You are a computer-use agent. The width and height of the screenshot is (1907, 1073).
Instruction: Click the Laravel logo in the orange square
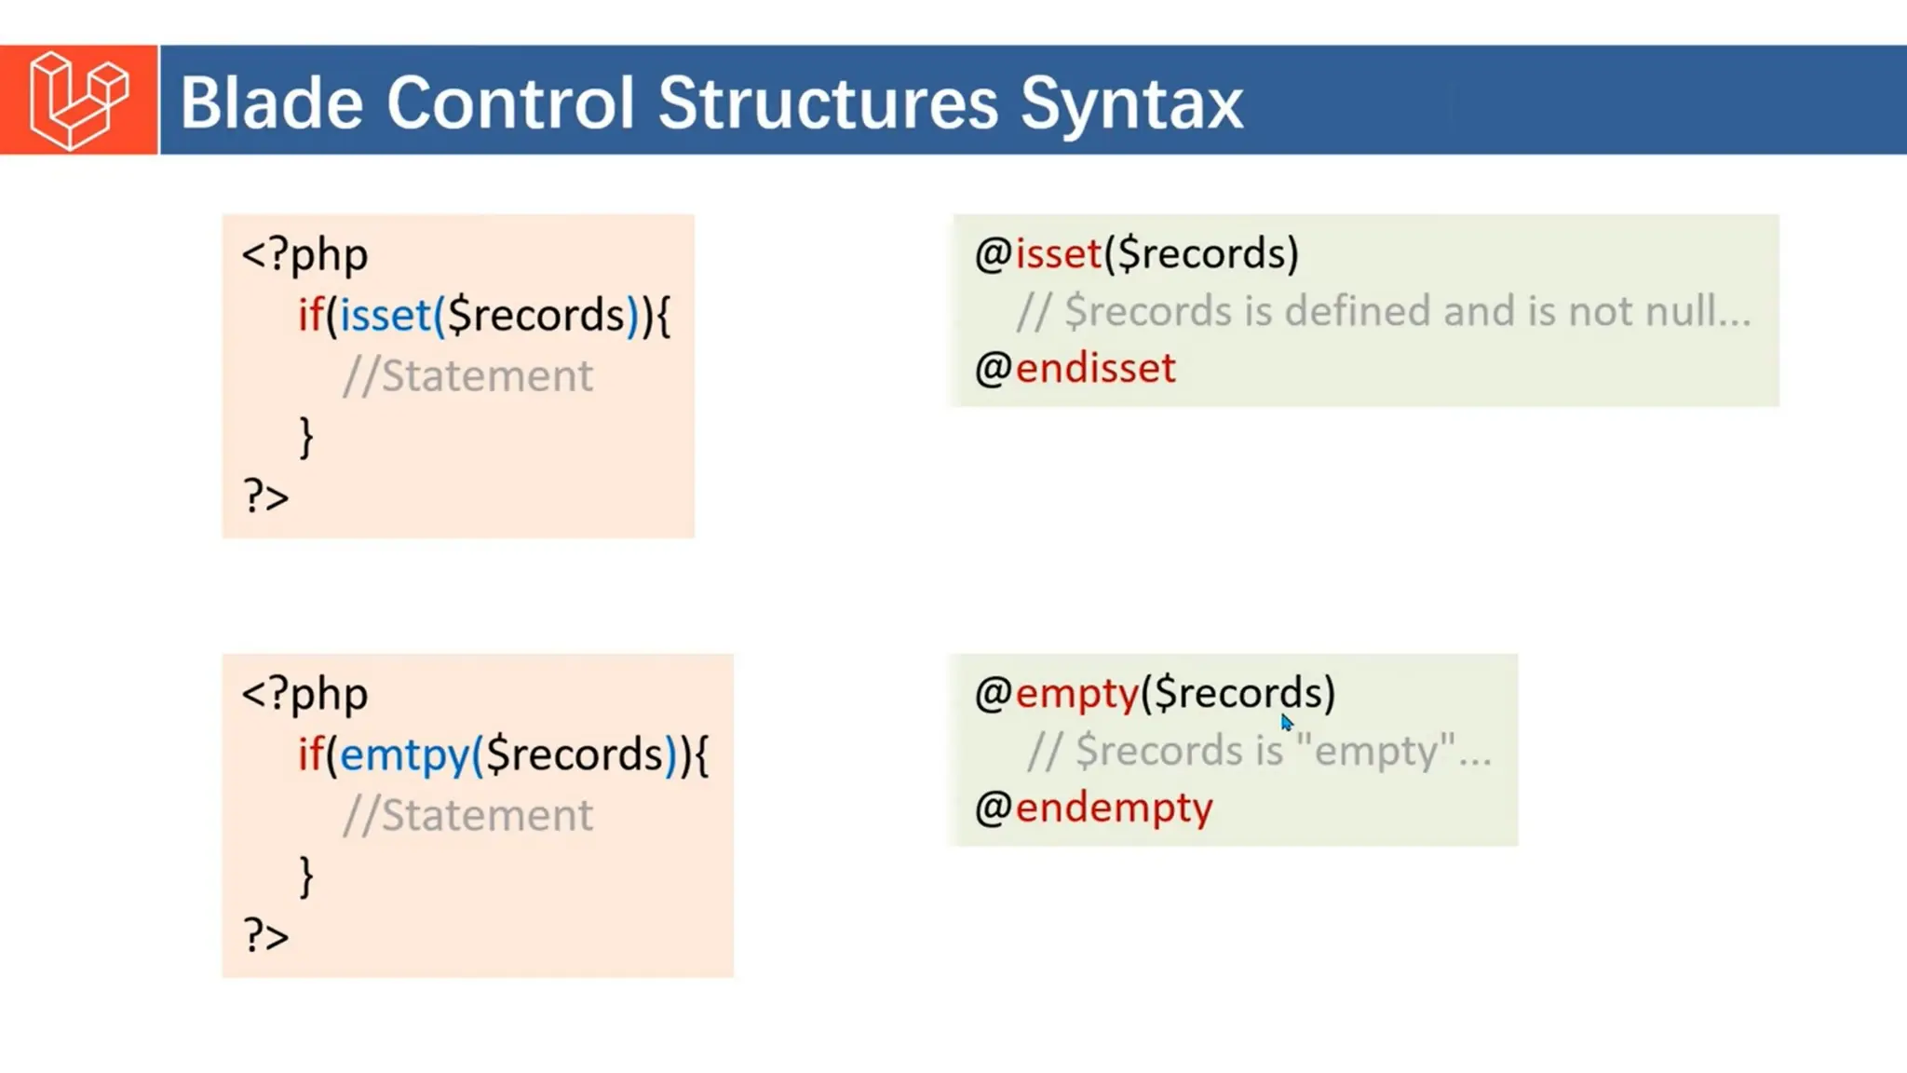(x=78, y=100)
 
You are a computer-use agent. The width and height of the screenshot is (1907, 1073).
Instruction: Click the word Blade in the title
(x=271, y=102)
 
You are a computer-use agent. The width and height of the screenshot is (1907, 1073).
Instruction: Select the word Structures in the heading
(x=828, y=102)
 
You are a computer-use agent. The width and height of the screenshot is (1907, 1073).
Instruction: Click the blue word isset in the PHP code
(x=385, y=316)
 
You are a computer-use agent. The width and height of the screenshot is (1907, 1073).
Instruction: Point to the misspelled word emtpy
(x=404, y=755)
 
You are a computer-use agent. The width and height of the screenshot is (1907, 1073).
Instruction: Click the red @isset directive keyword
(x=1059, y=253)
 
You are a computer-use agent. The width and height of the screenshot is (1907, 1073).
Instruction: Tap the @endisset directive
(x=1075, y=368)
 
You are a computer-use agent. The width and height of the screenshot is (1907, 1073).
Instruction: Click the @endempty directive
(x=1094, y=808)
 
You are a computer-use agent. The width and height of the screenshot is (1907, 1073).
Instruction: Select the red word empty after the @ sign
(x=1077, y=694)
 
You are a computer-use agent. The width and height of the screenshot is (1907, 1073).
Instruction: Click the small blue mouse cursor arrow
(x=1286, y=723)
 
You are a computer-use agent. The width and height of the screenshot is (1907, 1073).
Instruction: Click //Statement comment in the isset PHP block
(x=467, y=376)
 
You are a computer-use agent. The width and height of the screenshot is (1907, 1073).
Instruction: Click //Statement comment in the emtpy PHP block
(x=467, y=816)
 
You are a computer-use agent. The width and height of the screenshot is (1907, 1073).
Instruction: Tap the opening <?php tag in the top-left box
(x=304, y=255)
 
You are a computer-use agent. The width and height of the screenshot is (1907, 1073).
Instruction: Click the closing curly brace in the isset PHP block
(x=306, y=436)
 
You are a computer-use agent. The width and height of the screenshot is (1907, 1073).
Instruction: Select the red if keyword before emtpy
(x=310, y=754)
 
